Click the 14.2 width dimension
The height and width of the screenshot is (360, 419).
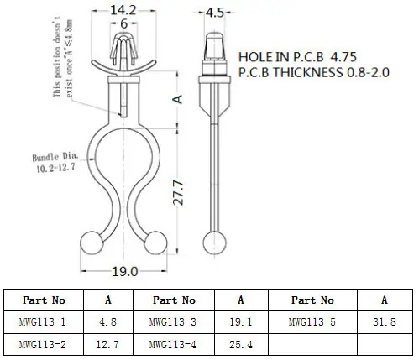(123, 10)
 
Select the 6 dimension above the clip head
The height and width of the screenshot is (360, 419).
(123, 23)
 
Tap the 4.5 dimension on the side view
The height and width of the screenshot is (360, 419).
(215, 13)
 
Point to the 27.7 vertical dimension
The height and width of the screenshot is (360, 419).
(179, 192)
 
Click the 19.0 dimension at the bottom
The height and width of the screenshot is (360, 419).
(125, 271)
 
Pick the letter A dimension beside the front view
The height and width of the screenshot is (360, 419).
(177, 99)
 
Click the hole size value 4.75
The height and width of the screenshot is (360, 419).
(343, 57)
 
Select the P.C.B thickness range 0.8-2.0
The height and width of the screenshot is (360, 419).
(368, 72)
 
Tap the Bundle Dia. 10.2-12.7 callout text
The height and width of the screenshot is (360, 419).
(55, 163)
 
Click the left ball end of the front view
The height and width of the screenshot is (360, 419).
(92, 243)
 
